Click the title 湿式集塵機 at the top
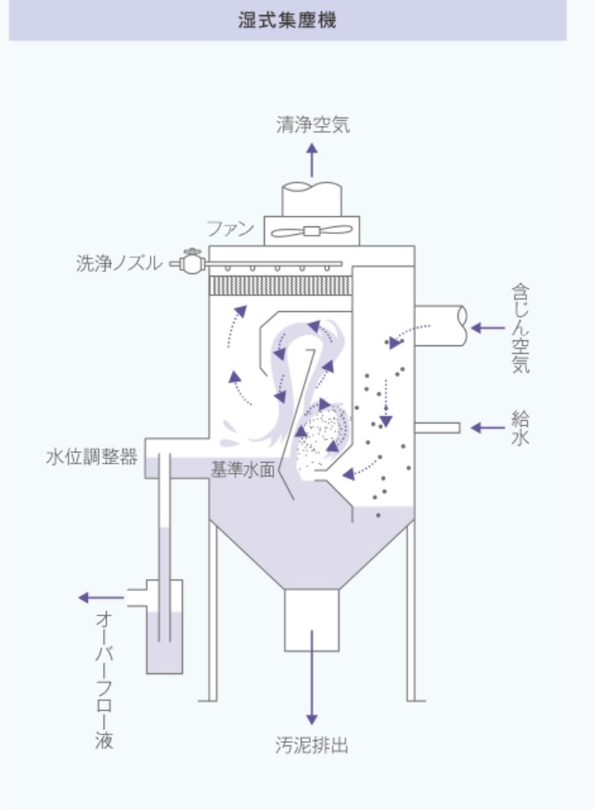[287, 20]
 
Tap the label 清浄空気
[313, 126]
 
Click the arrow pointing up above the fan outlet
[312, 159]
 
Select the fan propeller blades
[312, 231]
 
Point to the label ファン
[230, 229]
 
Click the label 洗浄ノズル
[118, 264]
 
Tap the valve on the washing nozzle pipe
[192, 262]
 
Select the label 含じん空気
[520, 327]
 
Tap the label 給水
[520, 428]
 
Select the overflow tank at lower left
[164, 637]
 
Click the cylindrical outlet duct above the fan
[312, 199]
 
